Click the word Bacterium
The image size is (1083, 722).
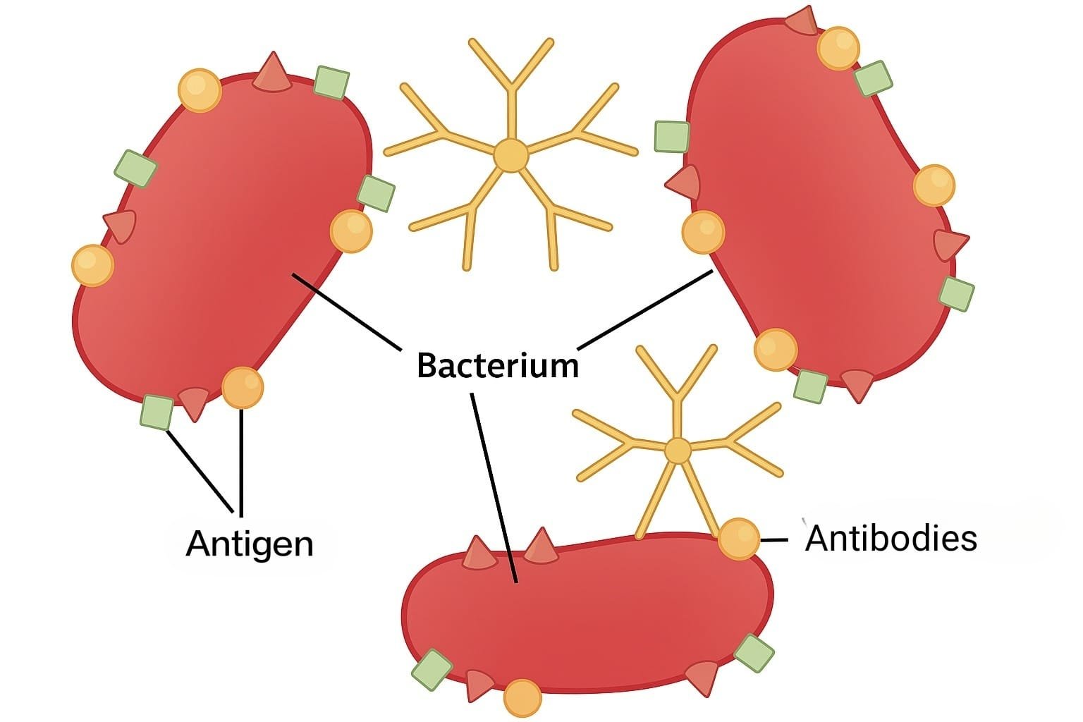pyautogui.click(x=497, y=366)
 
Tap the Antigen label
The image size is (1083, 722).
pyautogui.click(x=249, y=544)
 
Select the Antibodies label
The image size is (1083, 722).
pyautogui.click(x=891, y=538)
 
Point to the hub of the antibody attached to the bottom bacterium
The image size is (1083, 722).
pyautogui.click(x=678, y=451)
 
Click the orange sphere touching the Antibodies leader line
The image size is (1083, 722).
pyautogui.click(x=739, y=539)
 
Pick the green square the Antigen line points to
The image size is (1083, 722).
pyautogui.click(x=157, y=412)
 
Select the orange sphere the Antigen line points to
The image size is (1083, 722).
pyautogui.click(x=243, y=387)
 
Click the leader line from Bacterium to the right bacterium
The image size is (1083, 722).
pyautogui.click(x=645, y=310)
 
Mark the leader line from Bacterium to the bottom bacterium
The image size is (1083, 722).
pyautogui.click(x=494, y=487)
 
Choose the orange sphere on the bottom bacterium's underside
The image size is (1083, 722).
pyautogui.click(x=522, y=698)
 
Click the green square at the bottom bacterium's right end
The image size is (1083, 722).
pyautogui.click(x=754, y=654)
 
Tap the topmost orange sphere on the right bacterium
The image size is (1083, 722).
pyautogui.click(x=838, y=48)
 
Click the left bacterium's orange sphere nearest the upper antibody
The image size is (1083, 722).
pyautogui.click(x=351, y=231)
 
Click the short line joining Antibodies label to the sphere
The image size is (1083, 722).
pyautogui.click(x=774, y=540)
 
